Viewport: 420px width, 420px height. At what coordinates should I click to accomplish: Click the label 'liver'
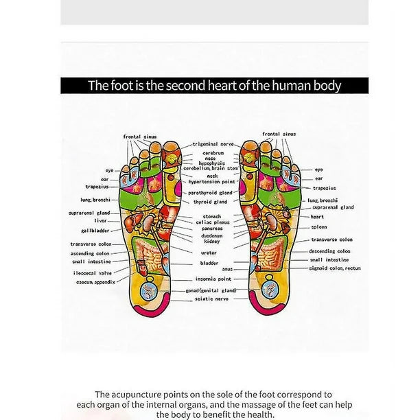click(100, 221)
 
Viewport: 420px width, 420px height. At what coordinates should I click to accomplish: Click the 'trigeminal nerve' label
click(213, 144)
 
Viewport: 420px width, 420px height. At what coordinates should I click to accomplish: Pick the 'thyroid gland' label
click(210, 202)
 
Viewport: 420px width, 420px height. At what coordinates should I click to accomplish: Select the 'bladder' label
click(210, 262)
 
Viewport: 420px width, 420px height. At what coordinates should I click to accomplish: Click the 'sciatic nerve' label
click(212, 299)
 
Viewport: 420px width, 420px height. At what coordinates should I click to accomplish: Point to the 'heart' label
click(316, 217)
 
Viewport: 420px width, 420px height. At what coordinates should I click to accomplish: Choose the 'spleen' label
click(318, 227)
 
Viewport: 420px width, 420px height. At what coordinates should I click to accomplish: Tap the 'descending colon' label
click(332, 251)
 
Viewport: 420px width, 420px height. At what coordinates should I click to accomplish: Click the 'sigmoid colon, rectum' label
click(335, 268)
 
